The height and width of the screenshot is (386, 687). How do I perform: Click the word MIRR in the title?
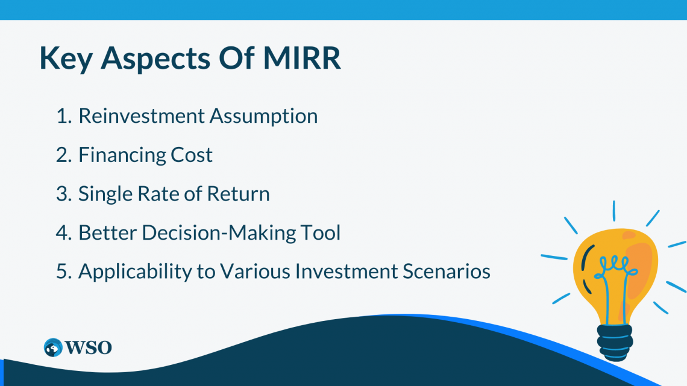pos(302,58)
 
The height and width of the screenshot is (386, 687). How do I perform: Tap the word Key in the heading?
pos(66,59)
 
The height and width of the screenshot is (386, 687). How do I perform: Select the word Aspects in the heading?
pos(155,59)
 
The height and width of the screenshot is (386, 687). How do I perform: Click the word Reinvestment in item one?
pos(142,116)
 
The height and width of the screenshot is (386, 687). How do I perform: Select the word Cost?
pos(192,155)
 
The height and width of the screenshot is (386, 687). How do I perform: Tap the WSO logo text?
pos(89,348)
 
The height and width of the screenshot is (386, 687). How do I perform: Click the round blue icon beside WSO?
pos(54,348)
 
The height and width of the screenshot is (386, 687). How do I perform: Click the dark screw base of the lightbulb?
pos(615,342)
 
